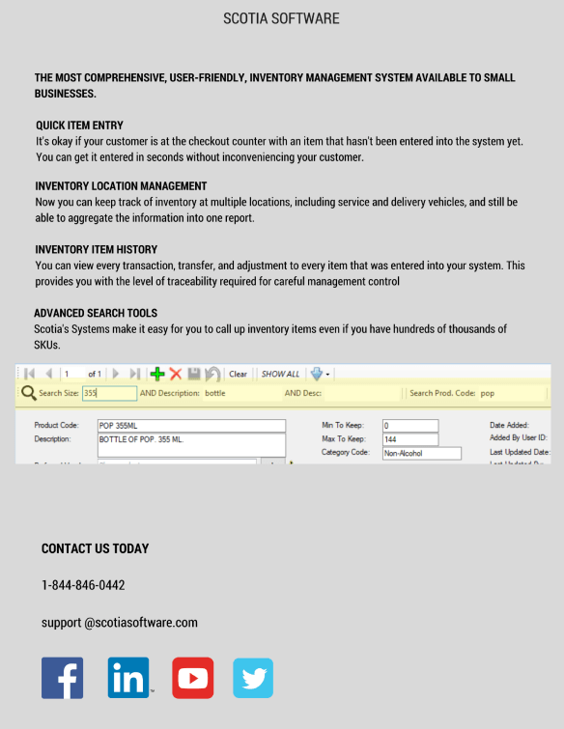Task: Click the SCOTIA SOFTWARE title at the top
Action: coord(281,18)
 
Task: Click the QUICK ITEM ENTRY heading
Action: coord(79,126)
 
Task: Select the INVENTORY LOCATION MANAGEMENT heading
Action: coord(121,186)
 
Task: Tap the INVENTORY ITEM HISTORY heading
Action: coord(96,250)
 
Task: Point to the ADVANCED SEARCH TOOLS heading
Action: coord(95,314)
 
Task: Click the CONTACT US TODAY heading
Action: coord(95,548)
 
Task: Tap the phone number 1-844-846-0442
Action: coord(83,585)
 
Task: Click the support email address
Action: coord(119,623)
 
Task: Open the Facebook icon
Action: coord(62,678)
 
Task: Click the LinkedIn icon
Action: coord(128,678)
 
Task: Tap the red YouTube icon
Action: coord(193,678)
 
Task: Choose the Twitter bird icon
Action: coord(253,678)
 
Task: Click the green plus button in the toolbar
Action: coord(157,374)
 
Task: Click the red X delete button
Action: coord(176,374)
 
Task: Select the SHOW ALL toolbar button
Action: coord(280,374)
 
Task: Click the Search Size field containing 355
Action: coord(109,393)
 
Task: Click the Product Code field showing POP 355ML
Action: coord(191,425)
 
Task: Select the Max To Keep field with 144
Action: coord(409,439)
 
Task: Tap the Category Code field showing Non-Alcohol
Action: coord(421,453)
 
